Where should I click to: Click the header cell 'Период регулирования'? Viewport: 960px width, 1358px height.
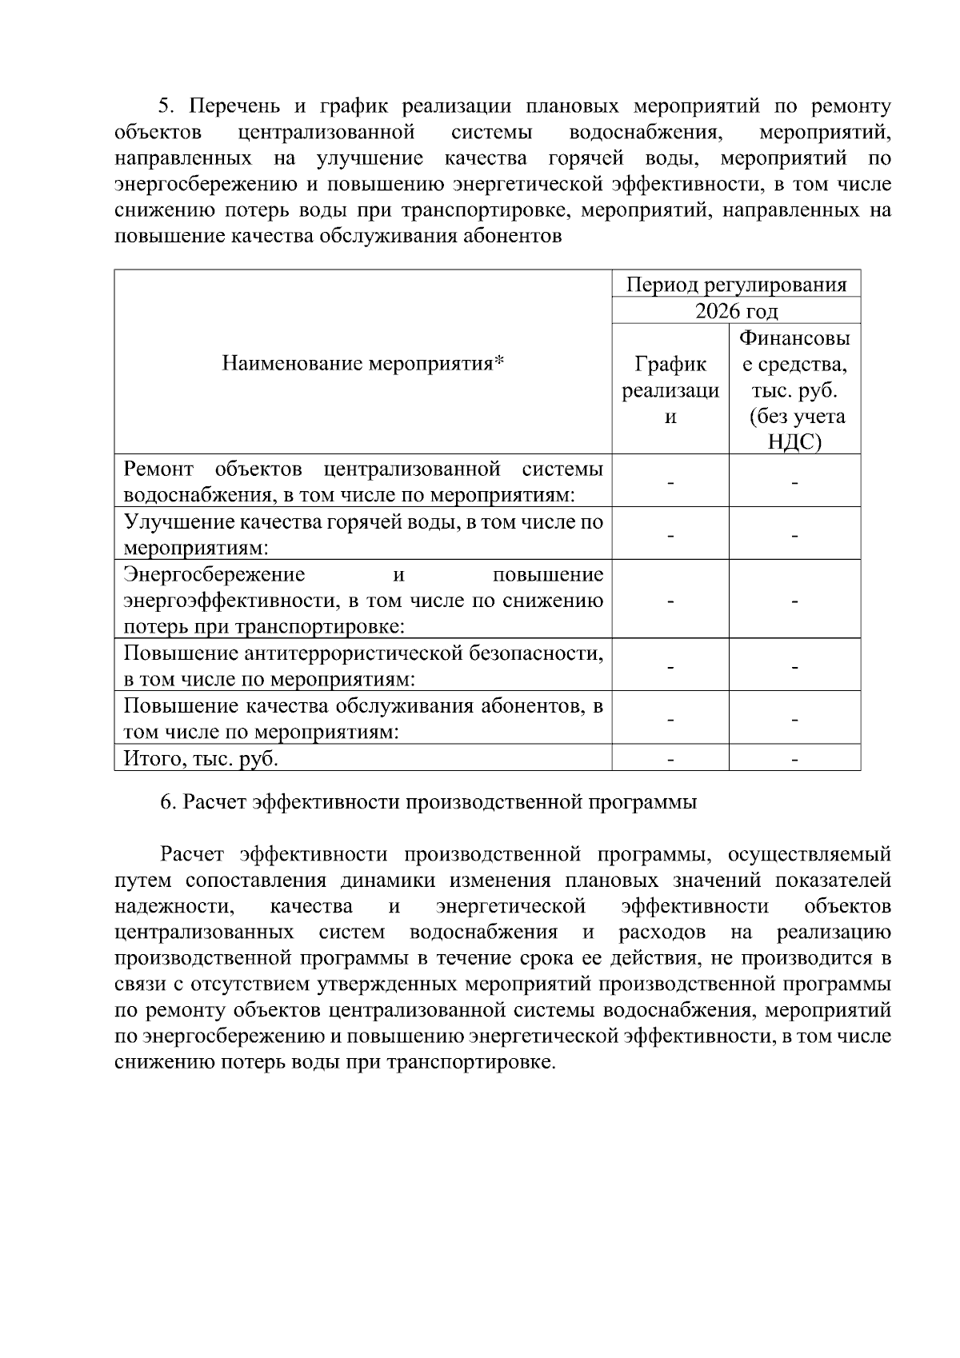(x=736, y=285)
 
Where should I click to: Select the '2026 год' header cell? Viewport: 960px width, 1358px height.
(x=736, y=311)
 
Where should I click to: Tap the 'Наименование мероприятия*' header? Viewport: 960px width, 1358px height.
(x=363, y=365)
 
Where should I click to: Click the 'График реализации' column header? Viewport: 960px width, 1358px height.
(x=670, y=390)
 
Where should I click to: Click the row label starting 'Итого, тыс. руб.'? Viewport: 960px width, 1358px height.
(x=202, y=758)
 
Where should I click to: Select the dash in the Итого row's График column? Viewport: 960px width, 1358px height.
(x=670, y=758)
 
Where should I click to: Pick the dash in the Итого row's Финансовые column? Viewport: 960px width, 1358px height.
(x=794, y=758)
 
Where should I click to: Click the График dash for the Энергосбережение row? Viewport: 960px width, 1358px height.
(x=670, y=601)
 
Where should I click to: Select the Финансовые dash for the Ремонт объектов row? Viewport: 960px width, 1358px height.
(x=794, y=482)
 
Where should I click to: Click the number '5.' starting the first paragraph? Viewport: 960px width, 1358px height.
(x=166, y=107)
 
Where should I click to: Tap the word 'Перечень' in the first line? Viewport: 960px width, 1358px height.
(x=234, y=107)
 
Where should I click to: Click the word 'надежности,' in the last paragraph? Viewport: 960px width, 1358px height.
(x=174, y=906)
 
